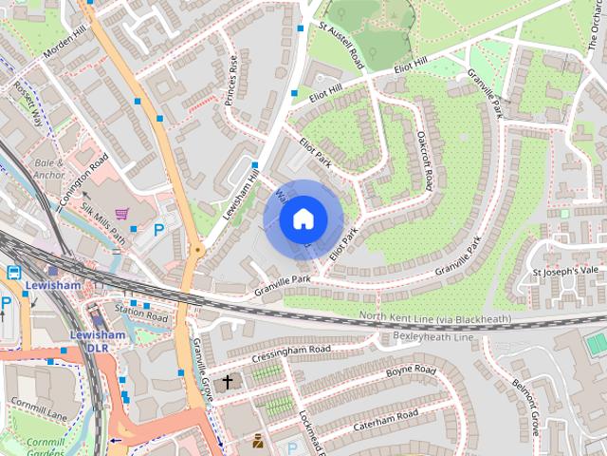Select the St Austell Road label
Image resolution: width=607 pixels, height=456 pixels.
(x=342, y=45)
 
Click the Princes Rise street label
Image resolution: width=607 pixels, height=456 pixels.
(x=232, y=81)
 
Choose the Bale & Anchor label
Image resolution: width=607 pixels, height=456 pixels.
(x=48, y=168)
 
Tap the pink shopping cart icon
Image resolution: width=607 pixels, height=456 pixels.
(x=122, y=214)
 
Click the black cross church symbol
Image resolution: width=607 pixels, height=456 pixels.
(x=227, y=383)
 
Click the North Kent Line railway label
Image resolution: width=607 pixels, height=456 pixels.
(x=434, y=317)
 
